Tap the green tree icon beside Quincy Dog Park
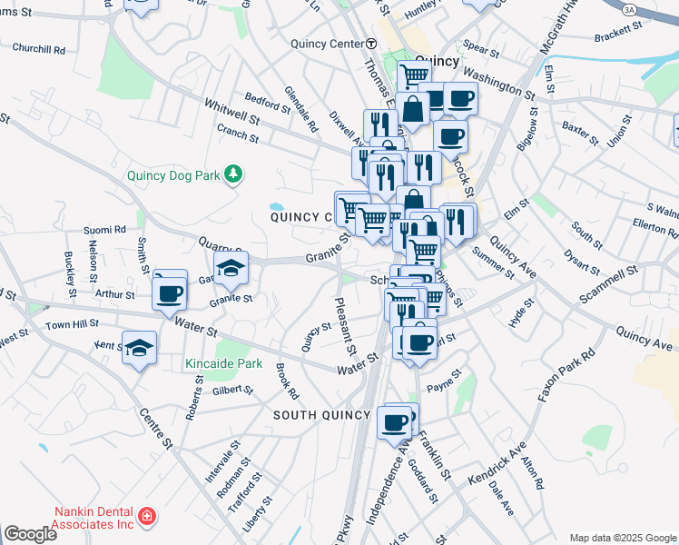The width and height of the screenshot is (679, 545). [x=233, y=173]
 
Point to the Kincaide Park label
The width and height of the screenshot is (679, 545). [x=223, y=363]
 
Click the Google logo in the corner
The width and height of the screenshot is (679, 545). [x=30, y=534]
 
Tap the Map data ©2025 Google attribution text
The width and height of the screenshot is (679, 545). [x=622, y=538]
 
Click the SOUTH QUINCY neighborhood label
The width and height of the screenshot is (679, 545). [x=322, y=415]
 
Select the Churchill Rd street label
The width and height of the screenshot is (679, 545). [x=39, y=50]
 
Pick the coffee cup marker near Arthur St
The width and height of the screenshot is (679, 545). [x=169, y=293]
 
